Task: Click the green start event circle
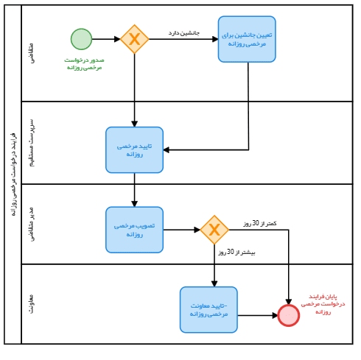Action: coord(81,39)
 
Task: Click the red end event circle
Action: coord(288,315)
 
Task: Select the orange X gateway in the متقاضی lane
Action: coord(134,39)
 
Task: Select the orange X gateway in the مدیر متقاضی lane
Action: coord(214,230)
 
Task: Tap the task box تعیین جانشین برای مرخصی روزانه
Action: coord(247,39)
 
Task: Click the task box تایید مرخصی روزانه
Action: coord(134,149)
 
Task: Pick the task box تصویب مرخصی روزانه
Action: coord(134,230)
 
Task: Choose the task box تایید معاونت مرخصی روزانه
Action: coord(208,309)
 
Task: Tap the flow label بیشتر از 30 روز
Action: coord(236,253)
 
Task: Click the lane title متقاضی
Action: coord(31,52)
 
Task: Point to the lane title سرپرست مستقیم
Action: coord(31,142)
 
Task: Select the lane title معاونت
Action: coord(31,303)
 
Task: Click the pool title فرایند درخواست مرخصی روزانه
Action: coord(13,174)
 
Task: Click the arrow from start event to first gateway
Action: coord(106,39)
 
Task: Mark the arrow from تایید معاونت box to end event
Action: coord(257,315)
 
